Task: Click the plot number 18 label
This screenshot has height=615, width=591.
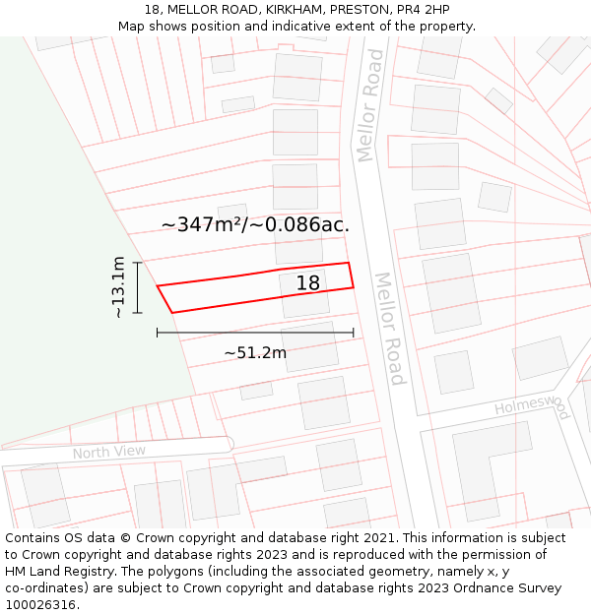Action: coord(308,283)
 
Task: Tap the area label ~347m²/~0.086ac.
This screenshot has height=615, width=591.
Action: coord(255,224)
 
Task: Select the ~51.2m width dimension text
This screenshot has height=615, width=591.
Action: coord(255,352)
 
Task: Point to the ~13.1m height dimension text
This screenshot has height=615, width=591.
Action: coord(118,287)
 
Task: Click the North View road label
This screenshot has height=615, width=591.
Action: coord(108,452)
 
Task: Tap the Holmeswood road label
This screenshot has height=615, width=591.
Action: coord(532,404)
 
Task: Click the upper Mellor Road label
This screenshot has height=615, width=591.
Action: coord(369,105)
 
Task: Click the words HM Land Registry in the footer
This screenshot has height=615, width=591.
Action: coord(60,572)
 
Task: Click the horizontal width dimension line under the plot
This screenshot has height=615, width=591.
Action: coord(255,333)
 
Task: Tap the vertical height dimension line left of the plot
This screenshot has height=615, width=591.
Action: coord(138,287)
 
